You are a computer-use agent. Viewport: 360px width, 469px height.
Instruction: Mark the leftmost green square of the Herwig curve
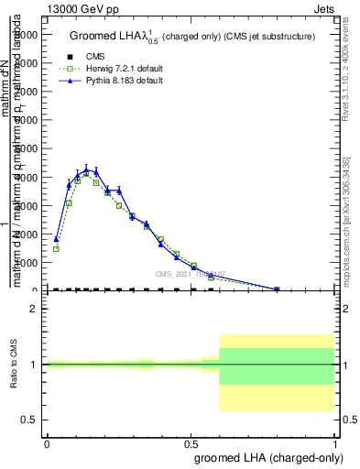click(56, 248)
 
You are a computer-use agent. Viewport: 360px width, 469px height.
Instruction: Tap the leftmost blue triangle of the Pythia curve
click(56, 239)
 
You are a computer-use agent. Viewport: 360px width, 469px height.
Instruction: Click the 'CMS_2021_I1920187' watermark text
click(190, 274)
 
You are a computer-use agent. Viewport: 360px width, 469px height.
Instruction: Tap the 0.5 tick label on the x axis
click(191, 442)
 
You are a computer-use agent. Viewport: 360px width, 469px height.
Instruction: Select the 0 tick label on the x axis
click(47, 442)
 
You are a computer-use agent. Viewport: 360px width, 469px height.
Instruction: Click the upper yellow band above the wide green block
click(278, 341)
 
